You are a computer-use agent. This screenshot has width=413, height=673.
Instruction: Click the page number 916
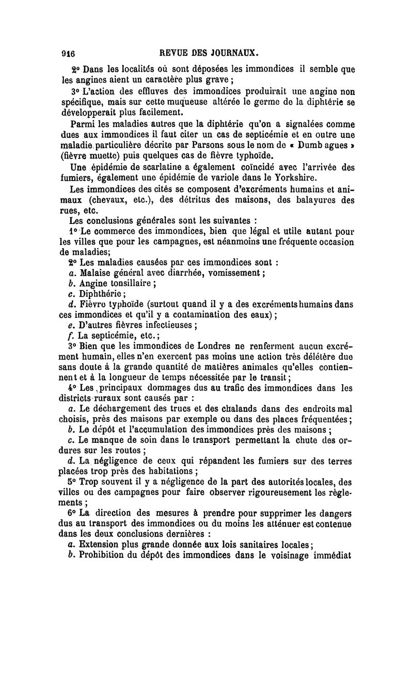coord(68,53)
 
